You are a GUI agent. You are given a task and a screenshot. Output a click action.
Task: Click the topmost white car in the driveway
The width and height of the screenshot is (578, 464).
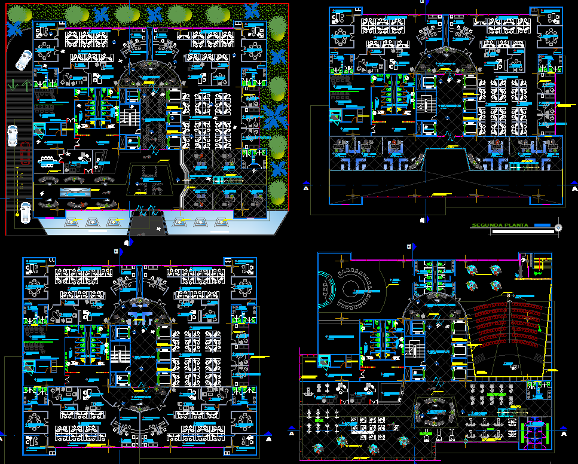23,59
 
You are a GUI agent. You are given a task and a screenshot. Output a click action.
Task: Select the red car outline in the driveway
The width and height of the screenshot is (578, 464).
24,154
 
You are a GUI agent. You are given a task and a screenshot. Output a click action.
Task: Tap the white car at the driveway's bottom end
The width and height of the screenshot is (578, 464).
25,212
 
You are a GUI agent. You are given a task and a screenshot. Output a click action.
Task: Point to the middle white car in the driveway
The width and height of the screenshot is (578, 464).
13,136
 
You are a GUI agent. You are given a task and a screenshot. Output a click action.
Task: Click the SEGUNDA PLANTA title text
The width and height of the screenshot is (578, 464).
500,225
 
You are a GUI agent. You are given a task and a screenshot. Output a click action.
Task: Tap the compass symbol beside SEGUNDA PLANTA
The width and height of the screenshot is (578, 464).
558,227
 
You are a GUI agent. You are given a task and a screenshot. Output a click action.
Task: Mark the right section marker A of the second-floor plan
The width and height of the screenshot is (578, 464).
573,187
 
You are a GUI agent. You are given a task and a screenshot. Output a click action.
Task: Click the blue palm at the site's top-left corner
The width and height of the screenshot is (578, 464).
15,26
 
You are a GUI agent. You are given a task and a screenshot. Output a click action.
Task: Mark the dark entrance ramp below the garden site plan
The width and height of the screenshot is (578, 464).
140,224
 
